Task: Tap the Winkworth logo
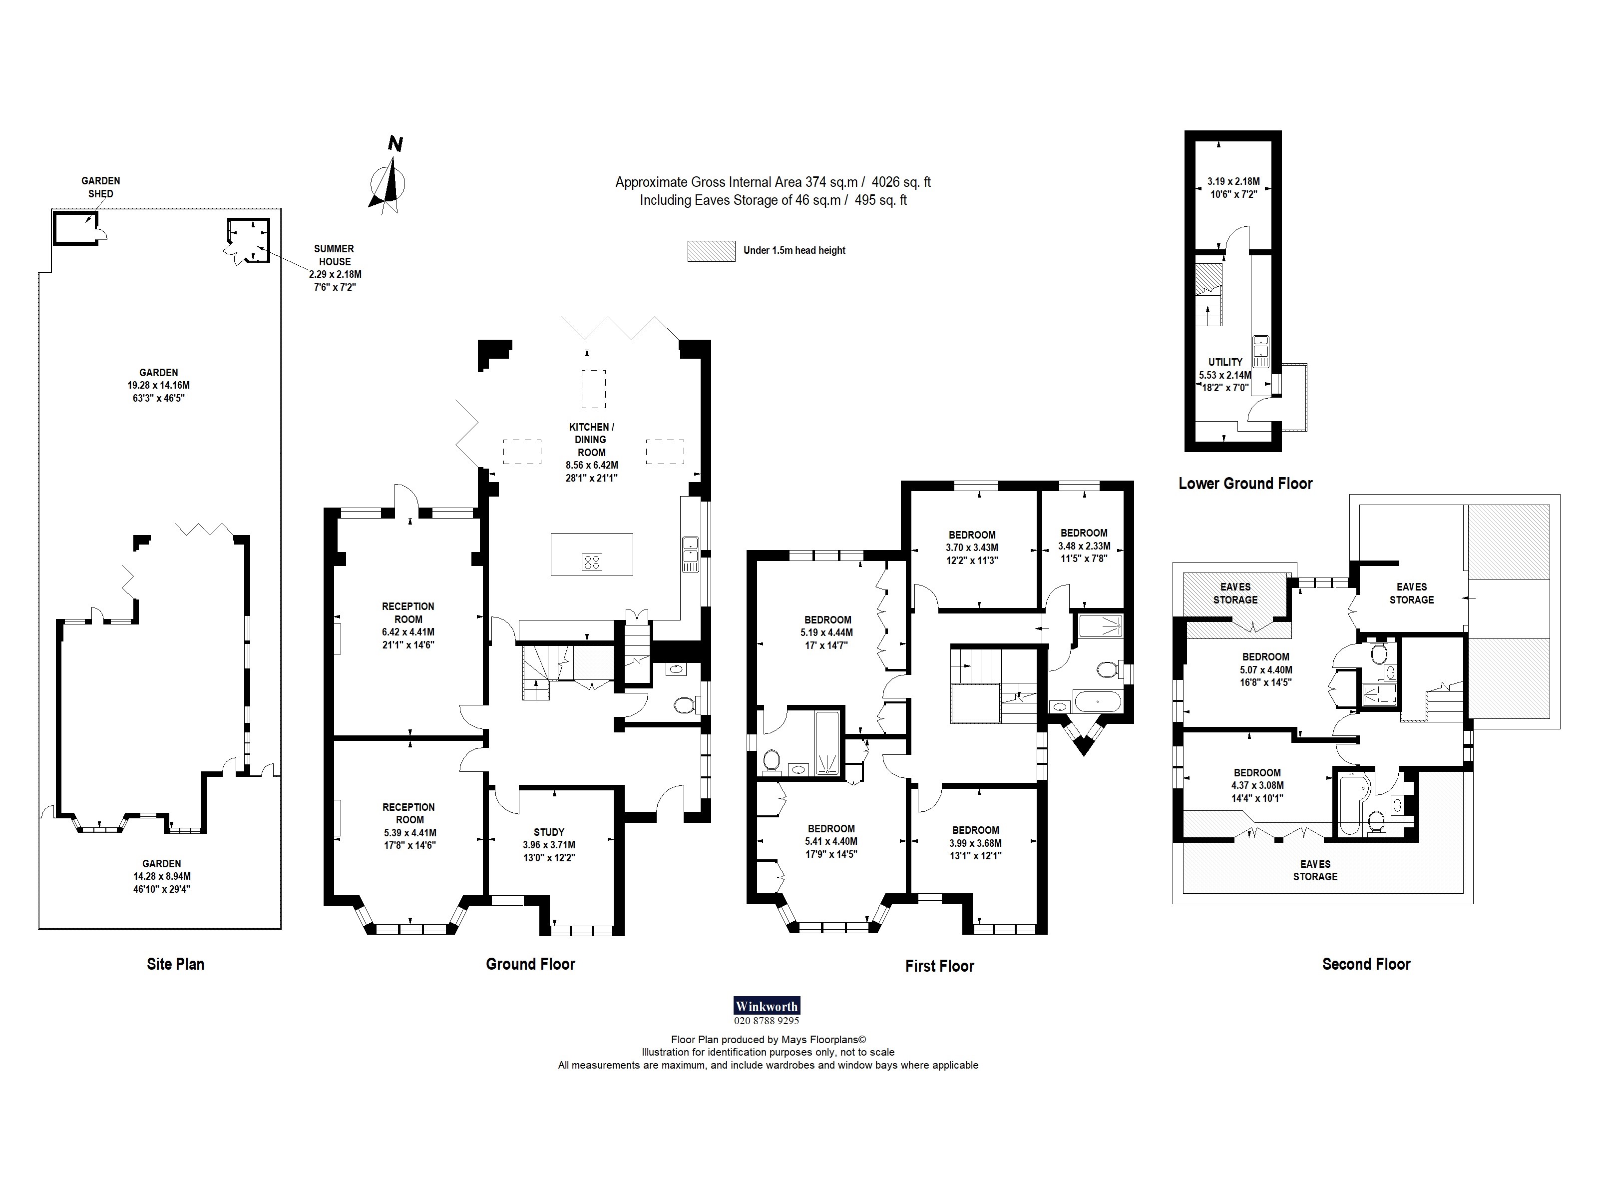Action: tap(767, 1006)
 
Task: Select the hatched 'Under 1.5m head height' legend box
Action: tap(711, 251)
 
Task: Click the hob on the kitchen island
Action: tap(592, 562)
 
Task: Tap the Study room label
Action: tap(549, 832)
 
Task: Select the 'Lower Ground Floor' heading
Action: tap(1245, 484)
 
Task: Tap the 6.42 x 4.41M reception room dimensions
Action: tap(408, 631)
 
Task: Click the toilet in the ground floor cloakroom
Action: tap(683, 704)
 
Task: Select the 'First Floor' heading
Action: tap(939, 966)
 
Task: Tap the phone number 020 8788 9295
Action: tap(767, 1021)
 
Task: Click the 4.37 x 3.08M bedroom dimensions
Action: tap(1257, 786)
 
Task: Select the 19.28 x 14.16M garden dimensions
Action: tap(158, 385)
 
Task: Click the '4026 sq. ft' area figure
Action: tap(901, 182)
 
